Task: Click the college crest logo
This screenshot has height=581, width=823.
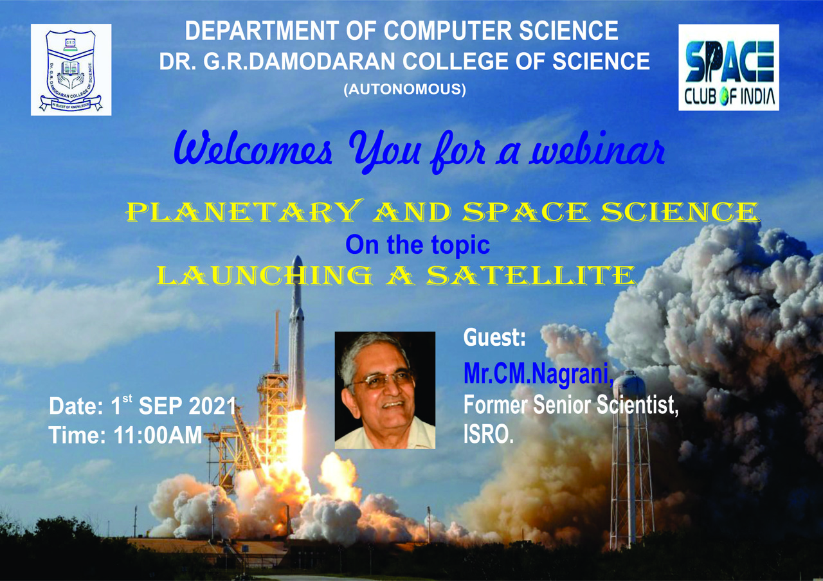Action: (71, 69)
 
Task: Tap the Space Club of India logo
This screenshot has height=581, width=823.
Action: (728, 67)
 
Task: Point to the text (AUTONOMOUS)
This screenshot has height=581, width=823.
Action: (405, 90)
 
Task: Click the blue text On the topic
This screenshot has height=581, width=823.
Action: (417, 245)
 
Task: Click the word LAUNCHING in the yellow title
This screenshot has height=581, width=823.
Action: (264, 276)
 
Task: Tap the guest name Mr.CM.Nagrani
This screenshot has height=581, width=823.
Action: (538, 374)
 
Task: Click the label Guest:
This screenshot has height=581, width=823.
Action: (494, 339)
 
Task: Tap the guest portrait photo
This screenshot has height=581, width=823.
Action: (384, 390)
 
